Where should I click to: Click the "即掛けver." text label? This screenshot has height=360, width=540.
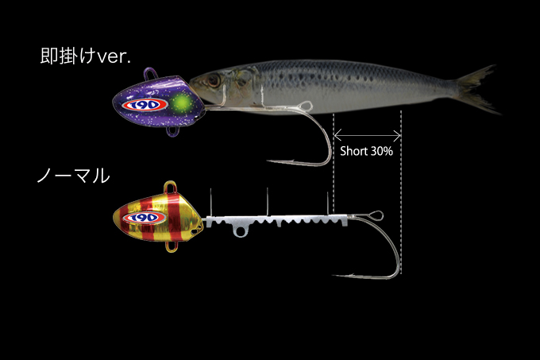pyautogui.click(x=86, y=56)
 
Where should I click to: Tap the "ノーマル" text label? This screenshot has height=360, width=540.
pyautogui.click(x=73, y=176)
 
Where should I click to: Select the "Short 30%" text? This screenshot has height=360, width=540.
pyautogui.click(x=366, y=151)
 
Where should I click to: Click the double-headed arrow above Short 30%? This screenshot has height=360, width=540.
pyautogui.click(x=368, y=135)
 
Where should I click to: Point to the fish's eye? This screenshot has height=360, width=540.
pyautogui.click(x=213, y=80)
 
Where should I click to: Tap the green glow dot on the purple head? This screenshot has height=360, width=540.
pyautogui.click(x=181, y=103)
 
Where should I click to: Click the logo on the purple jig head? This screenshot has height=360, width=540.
pyautogui.click(x=145, y=105)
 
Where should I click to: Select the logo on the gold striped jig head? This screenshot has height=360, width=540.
pyautogui.click(x=145, y=218)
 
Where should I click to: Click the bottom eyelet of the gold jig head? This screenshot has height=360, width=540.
pyautogui.click(x=172, y=246)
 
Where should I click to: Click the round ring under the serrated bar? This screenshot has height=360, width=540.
pyautogui.click(x=240, y=231)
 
